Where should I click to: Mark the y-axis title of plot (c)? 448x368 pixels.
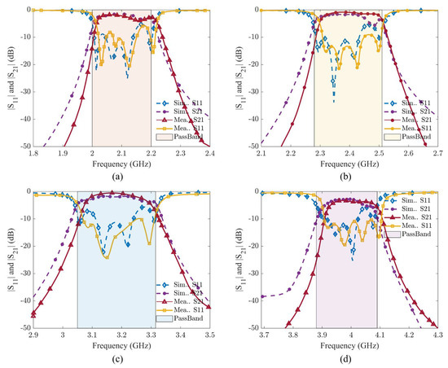coord(7,258)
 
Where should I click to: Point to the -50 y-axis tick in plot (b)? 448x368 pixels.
coord(250,147)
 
